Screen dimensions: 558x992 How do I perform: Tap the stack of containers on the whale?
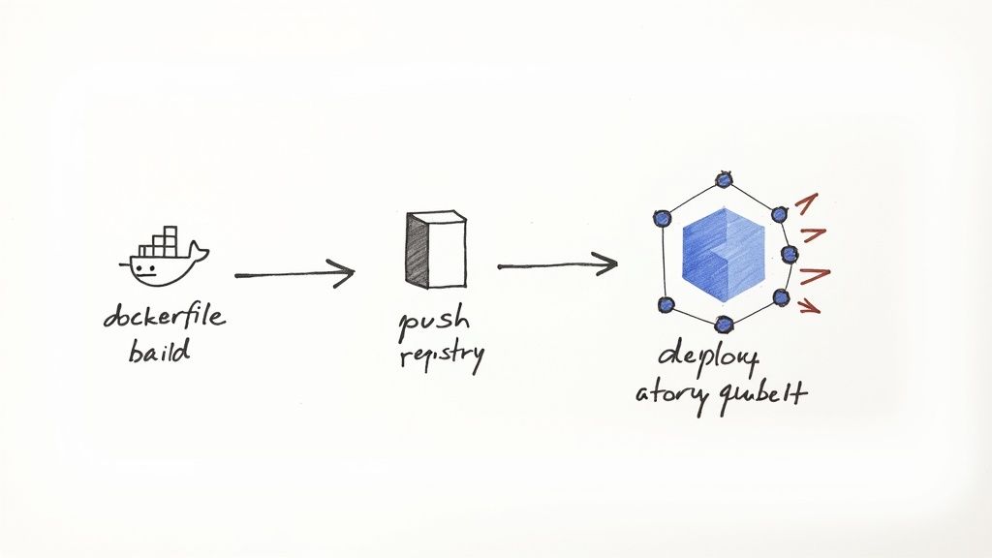162,242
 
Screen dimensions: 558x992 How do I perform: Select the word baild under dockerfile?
159,350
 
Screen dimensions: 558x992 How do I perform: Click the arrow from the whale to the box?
294,275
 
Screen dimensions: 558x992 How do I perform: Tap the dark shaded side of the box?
415,250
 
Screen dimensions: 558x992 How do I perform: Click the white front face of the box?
446,252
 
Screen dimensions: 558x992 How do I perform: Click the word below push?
441,355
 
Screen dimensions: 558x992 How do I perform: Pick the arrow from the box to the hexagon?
557,263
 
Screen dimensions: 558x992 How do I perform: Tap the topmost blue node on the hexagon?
723,179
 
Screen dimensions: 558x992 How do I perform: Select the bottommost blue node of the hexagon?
724,325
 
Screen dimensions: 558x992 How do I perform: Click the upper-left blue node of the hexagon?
662,218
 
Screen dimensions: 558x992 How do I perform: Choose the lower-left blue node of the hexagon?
666,304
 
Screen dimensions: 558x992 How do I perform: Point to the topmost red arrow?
806,201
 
